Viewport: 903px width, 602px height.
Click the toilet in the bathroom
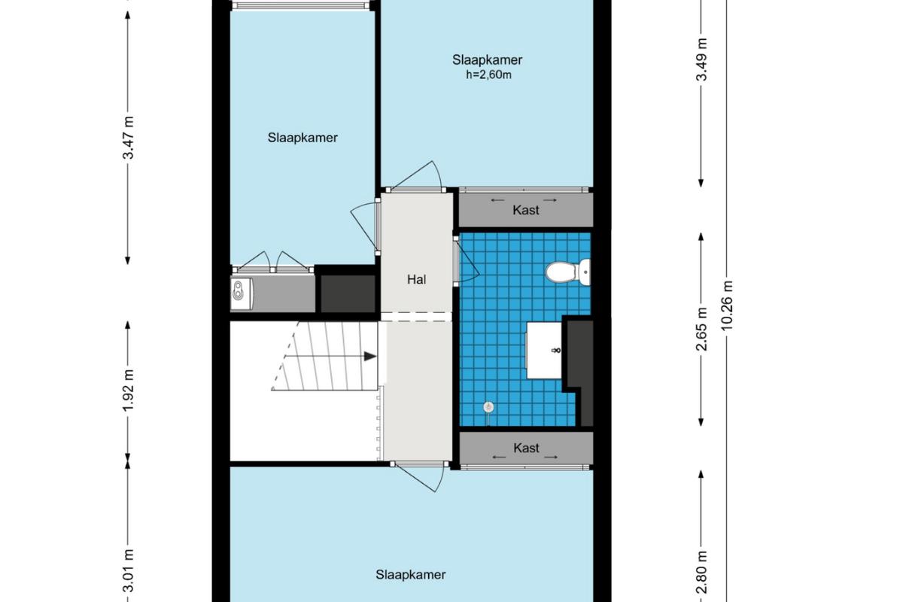[567, 272]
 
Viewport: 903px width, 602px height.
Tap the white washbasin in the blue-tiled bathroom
[544, 350]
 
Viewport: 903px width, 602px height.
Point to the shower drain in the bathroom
[488, 407]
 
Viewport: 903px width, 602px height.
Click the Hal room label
[416, 279]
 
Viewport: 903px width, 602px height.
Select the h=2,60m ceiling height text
[488, 75]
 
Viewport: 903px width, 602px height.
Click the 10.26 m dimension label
[728, 306]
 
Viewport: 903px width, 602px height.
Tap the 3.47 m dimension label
[128, 138]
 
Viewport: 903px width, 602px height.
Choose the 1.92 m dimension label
[128, 391]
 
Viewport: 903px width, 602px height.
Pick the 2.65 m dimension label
[702, 329]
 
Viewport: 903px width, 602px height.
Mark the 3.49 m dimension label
[702, 59]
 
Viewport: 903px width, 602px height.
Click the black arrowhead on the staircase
[370, 357]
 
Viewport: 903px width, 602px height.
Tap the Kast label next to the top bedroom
[526, 210]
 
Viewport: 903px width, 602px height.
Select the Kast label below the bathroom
[527, 448]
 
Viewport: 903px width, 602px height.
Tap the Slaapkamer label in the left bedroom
[303, 138]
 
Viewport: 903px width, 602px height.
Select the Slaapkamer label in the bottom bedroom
[411, 575]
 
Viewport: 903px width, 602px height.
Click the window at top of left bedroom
[302, 6]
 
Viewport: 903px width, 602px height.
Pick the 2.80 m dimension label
[702, 572]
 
